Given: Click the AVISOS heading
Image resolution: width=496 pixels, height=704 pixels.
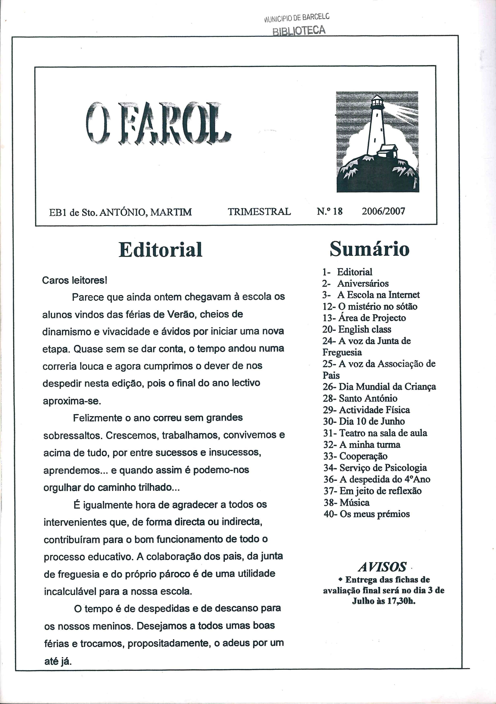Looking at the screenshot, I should click(382, 567).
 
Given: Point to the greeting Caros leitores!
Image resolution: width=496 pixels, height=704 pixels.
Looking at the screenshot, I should click(74, 280).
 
